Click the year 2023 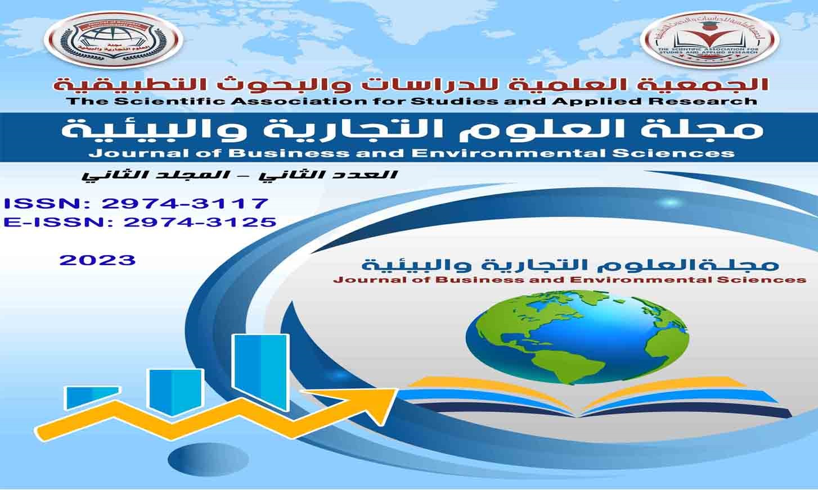pos(98,260)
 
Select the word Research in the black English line pos(714,101)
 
